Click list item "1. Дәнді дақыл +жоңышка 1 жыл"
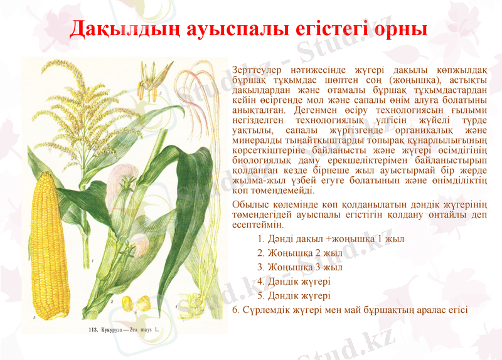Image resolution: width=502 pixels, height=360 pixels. point(331,239)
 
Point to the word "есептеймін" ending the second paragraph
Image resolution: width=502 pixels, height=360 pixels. point(257,224)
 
